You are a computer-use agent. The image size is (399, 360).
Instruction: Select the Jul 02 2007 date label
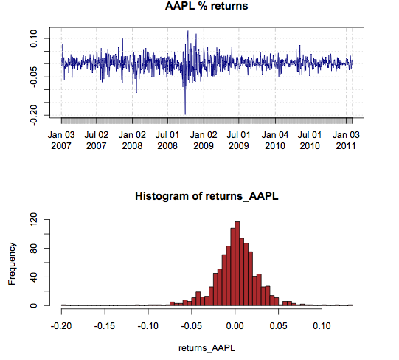[97, 140]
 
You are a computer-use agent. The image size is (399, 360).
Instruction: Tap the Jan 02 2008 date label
[132, 140]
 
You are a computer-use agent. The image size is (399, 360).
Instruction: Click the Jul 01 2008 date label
[168, 140]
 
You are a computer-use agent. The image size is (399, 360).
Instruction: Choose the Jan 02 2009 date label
[204, 140]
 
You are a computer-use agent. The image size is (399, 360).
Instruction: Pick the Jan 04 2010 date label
[275, 140]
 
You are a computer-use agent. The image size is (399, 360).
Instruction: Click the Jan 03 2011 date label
[347, 140]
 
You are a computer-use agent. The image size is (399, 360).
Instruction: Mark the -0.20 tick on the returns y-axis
[35, 109]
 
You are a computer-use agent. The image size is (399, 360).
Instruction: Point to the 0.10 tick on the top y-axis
[35, 38]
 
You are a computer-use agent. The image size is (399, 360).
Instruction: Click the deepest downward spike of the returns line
[185, 113]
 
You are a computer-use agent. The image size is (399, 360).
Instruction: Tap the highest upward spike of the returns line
[188, 32]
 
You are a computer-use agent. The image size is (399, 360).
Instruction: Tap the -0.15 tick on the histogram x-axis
[105, 324]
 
